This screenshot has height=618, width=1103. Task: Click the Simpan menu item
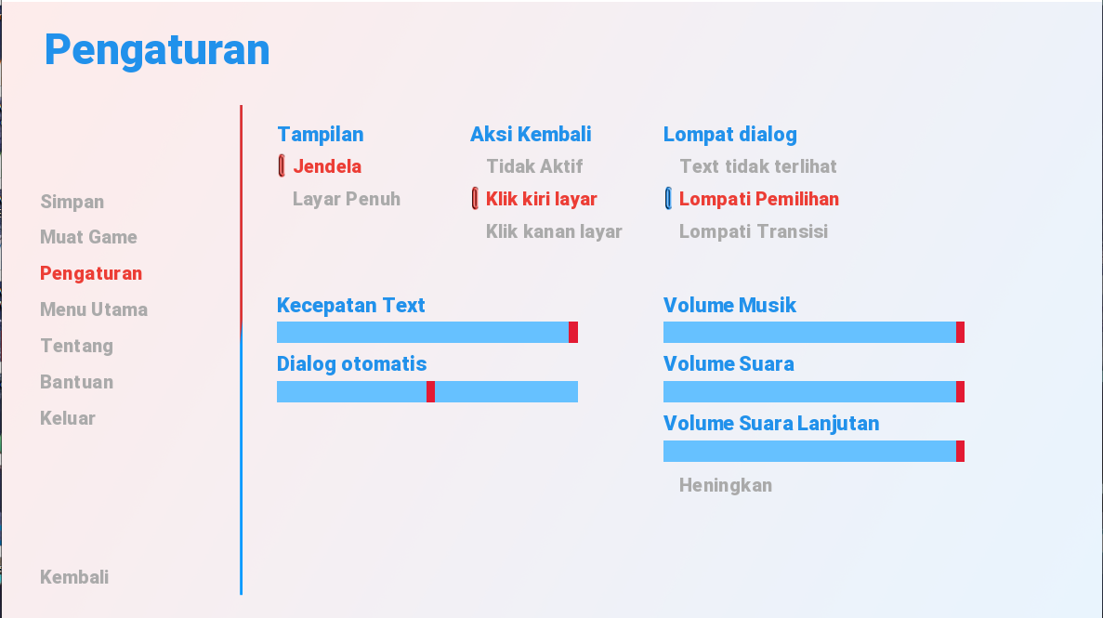click(x=72, y=202)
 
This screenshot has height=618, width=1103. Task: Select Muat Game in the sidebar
click(x=88, y=237)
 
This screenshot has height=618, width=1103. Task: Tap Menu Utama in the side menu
click(x=94, y=309)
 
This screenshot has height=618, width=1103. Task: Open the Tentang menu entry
click(x=77, y=347)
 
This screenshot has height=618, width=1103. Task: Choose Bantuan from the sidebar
click(x=77, y=382)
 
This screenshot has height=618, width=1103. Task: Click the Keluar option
click(x=68, y=418)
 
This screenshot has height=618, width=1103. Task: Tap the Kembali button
click(x=74, y=577)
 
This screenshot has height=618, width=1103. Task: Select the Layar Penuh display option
click(x=346, y=199)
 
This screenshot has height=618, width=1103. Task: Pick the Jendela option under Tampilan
click(x=327, y=166)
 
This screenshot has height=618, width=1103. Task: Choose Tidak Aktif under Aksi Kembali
click(x=534, y=166)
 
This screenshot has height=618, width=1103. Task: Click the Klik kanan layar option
click(x=555, y=231)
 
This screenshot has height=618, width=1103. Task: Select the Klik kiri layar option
click(x=542, y=199)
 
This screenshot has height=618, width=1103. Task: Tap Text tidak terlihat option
click(x=757, y=166)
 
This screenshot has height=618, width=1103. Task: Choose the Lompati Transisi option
click(x=754, y=231)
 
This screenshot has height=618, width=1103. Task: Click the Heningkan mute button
click(x=725, y=486)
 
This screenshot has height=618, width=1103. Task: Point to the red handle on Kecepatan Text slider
click(x=573, y=332)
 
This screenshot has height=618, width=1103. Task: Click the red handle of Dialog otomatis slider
click(x=430, y=391)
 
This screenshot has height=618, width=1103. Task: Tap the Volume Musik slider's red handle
click(x=960, y=332)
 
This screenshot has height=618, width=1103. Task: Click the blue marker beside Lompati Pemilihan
click(x=668, y=199)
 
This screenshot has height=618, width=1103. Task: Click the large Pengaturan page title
click(x=157, y=51)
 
